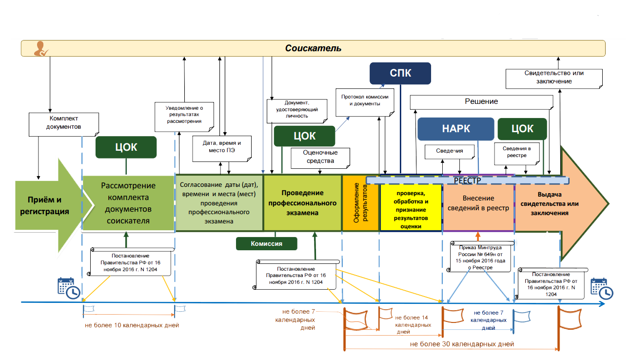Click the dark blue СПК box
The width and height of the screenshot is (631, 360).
click(x=400, y=74)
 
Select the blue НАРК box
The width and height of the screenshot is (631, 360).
click(x=455, y=129)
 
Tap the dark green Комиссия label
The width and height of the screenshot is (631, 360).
click(x=266, y=243)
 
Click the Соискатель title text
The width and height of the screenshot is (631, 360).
click(x=313, y=48)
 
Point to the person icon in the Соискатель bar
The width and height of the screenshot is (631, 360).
click(x=40, y=48)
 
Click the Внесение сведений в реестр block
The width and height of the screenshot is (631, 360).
click(x=478, y=203)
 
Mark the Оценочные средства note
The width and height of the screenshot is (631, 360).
click(x=320, y=157)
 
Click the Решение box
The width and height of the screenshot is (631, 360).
click(x=481, y=101)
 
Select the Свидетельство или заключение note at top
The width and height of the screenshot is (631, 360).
click(x=554, y=77)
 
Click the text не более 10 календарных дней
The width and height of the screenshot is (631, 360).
click(x=132, y=325)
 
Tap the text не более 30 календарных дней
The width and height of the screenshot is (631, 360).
click(x=462, y=344)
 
